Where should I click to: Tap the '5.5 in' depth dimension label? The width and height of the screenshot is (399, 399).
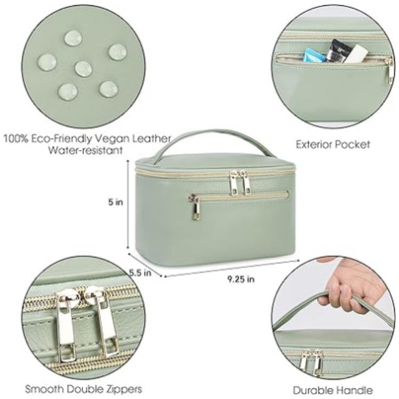point(140,272)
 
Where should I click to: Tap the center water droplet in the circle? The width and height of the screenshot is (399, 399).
point(84,68)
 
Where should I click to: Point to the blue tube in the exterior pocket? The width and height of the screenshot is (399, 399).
point(312,53)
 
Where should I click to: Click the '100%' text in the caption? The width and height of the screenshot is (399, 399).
point(16,139)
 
